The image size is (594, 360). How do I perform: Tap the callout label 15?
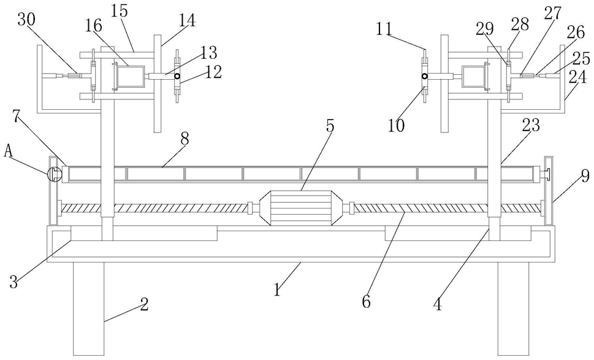click(120, 11)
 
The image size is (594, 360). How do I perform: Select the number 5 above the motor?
click(330, 126)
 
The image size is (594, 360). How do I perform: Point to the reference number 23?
click(530, 125)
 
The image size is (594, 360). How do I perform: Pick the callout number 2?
click(143, 304)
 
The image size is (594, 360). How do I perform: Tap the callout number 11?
click(384, 29)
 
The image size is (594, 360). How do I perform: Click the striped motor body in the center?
click(297, 208)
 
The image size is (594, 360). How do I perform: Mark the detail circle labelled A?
click(54, 174)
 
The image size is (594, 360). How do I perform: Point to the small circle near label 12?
click(177, 76)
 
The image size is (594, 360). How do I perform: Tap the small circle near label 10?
click(425, 76)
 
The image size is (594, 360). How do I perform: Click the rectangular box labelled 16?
click(131, 76)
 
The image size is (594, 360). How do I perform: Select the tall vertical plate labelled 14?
click(158, 83)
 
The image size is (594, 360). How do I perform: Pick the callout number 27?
click(553, 14)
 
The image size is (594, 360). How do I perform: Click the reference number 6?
click(367, 302)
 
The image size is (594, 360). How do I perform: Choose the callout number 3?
click(14, 282)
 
